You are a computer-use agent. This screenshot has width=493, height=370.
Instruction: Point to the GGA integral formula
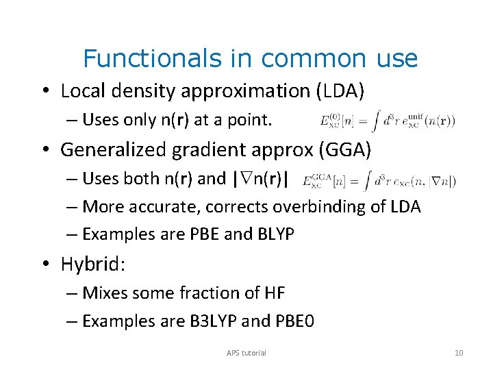pos(379,181)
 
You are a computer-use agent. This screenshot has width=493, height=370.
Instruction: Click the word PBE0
pos(294,321)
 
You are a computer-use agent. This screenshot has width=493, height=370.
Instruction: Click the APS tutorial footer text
pos(246,353)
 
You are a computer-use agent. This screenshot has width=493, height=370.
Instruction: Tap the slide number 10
pos(458,353)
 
